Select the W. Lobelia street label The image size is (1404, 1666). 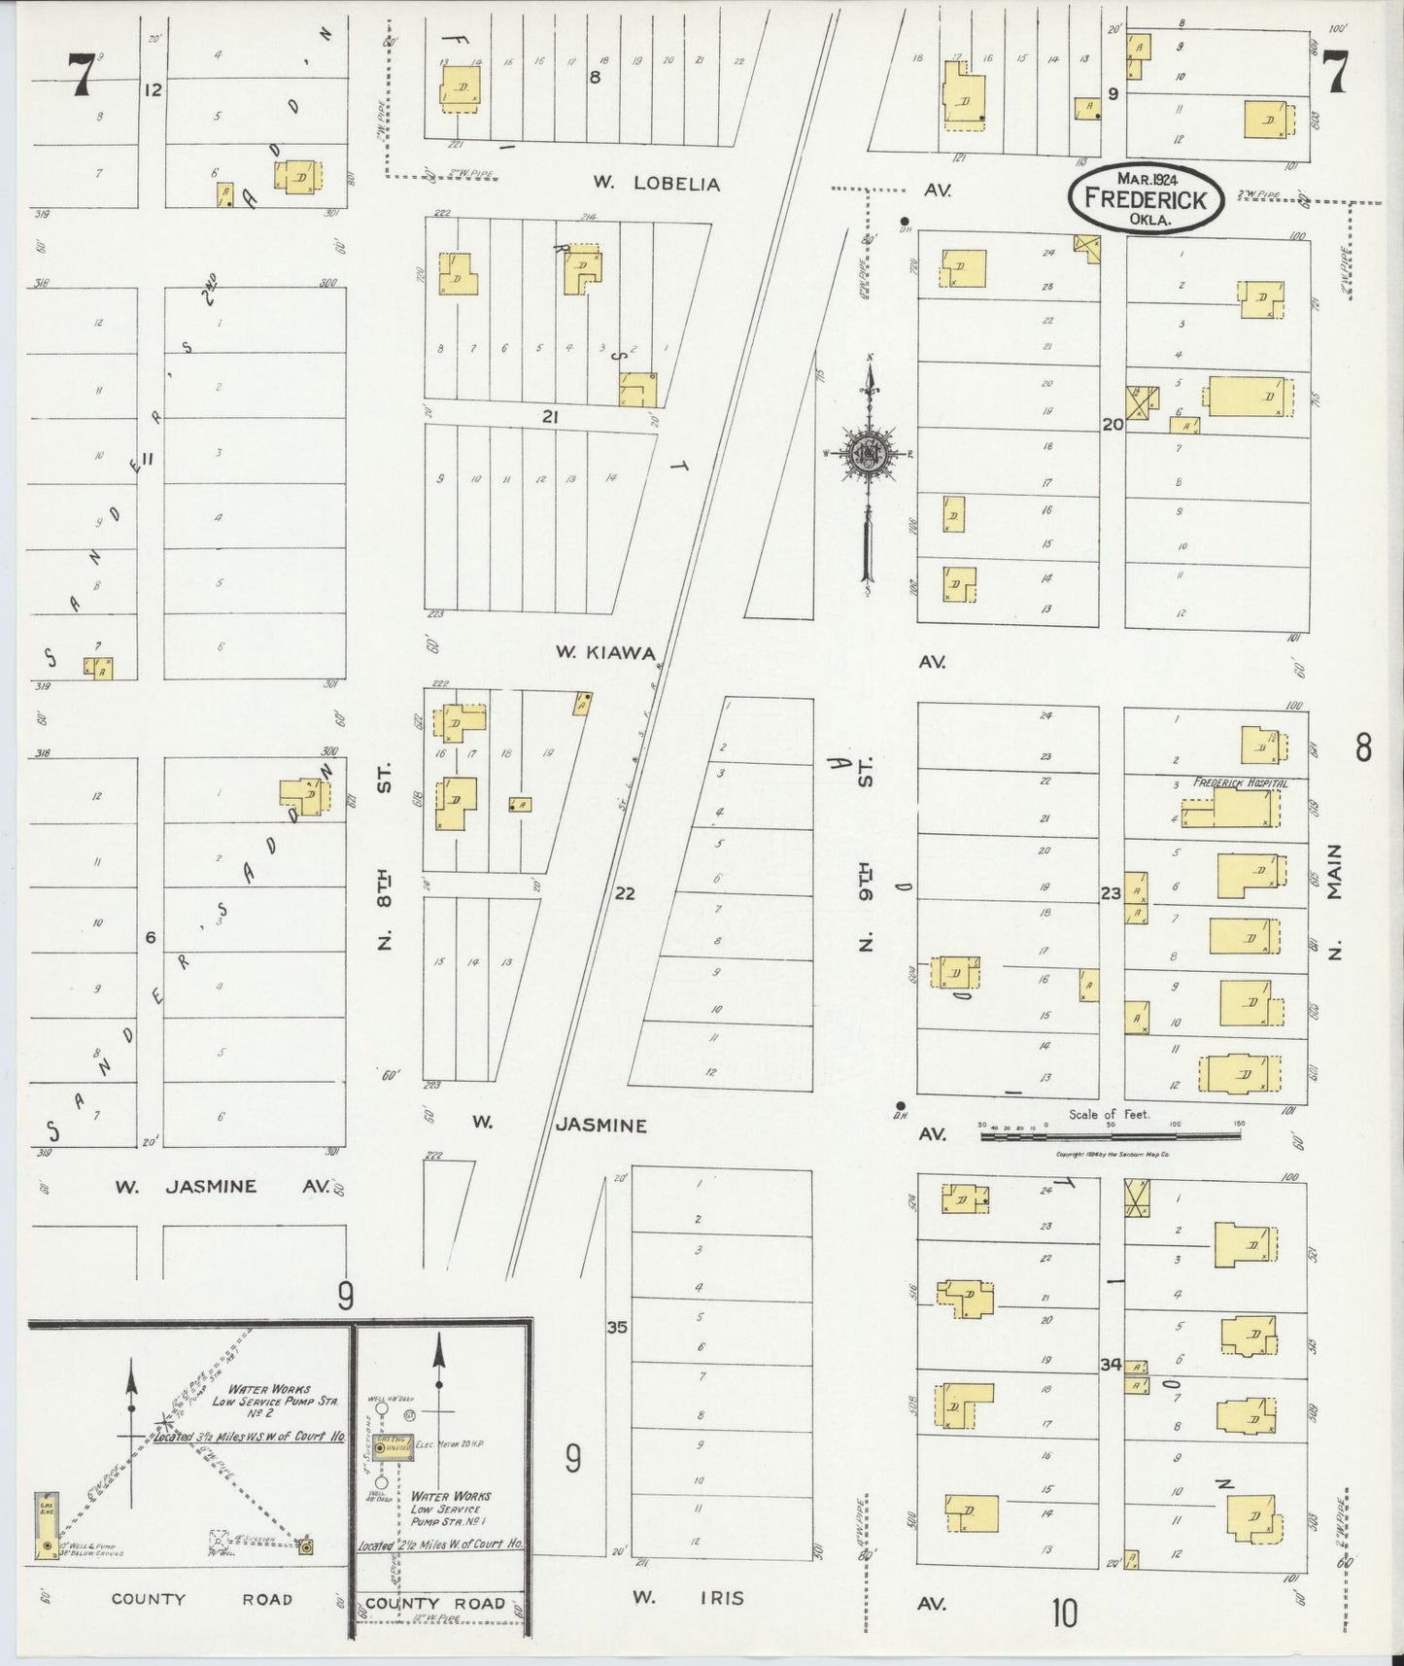[x=658, y=184]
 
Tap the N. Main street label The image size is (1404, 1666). [x=1335, y=899]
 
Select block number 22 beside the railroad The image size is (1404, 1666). [x=625, y=892]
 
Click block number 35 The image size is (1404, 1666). [x=617, y=1328]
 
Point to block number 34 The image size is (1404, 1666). [x=1111, y=1364]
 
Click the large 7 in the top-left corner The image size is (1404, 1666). [x=81, y=75]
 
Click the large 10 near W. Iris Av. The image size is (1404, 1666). [x=1064, y=1614]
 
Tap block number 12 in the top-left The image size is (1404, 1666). [x=152, y=89]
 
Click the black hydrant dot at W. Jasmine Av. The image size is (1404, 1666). [x=901, y=1105]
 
